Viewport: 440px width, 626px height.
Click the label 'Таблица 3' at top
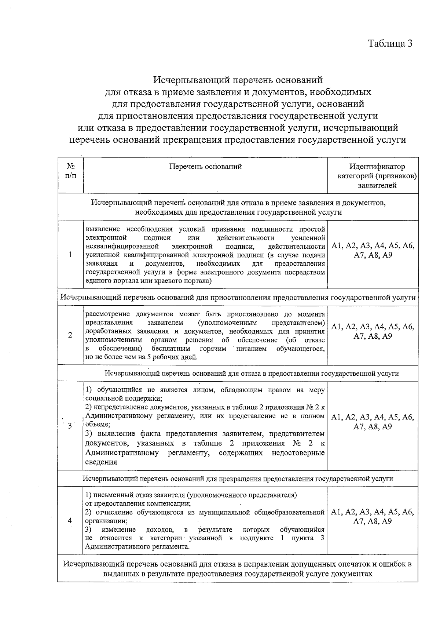[390, 44]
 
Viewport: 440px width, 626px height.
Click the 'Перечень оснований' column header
[205, 167]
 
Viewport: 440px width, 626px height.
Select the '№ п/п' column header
[71, 171]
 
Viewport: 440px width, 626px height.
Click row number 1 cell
[70, 255]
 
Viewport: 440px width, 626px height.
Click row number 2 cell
[70, 335]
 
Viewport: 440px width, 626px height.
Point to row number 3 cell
[70, 426]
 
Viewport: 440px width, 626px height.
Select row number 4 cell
[70, 521]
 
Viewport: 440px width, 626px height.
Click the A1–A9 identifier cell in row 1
[373, 251]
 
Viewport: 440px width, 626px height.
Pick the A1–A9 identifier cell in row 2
[373, 331]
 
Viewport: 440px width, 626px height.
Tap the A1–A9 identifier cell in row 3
[373, 422]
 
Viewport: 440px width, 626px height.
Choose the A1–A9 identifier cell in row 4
[373, 517]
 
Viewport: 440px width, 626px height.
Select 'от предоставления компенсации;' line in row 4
[137, 503]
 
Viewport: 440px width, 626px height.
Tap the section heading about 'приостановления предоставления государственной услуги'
[238, 297]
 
